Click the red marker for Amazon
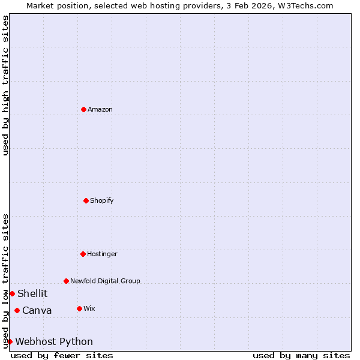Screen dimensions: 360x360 (83, 109)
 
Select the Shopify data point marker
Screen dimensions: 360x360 (86, 200)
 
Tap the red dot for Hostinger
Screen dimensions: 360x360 (83, 254)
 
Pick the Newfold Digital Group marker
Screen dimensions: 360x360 (66, 281)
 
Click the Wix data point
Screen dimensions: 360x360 (79, 308)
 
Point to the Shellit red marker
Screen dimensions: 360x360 (12, 293)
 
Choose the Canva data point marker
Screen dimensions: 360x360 (17, 310)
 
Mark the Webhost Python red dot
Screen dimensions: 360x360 (10, 341)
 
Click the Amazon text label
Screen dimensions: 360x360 (100, 109)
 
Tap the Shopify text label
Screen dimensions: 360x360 (102, 200)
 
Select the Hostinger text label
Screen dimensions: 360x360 (102, 254)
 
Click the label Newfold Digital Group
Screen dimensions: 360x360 (105, 281)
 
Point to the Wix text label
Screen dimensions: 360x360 (89, 308)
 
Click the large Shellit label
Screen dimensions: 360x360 (32, 293)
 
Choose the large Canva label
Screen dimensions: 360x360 (37, 310)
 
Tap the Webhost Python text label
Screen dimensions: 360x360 (54, 341)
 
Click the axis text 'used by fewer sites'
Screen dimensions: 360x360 (62, 355)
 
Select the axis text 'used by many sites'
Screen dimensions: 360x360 (301, 355)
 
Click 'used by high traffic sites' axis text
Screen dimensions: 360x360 (5, 85)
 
